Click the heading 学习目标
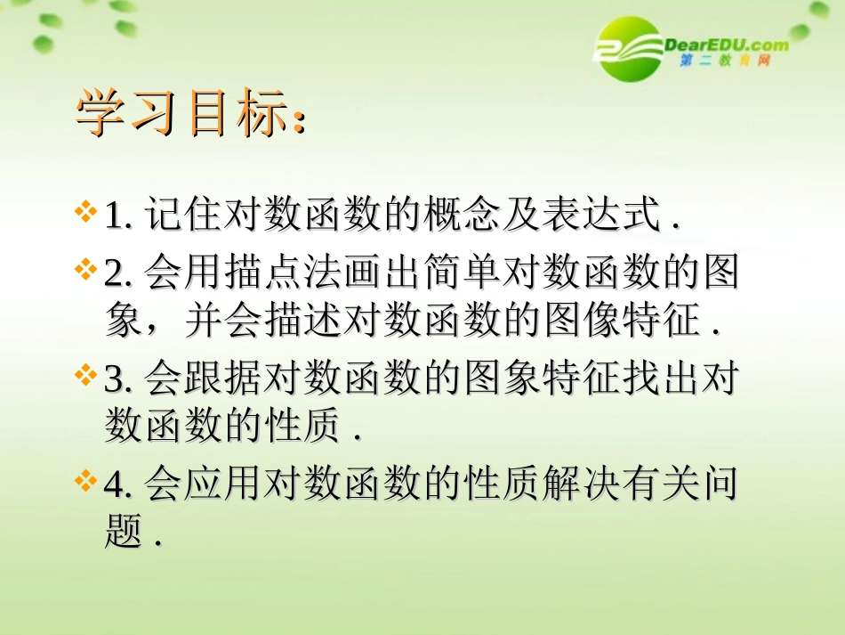coord(190,113)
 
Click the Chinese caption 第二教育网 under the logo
coord(725,61)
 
